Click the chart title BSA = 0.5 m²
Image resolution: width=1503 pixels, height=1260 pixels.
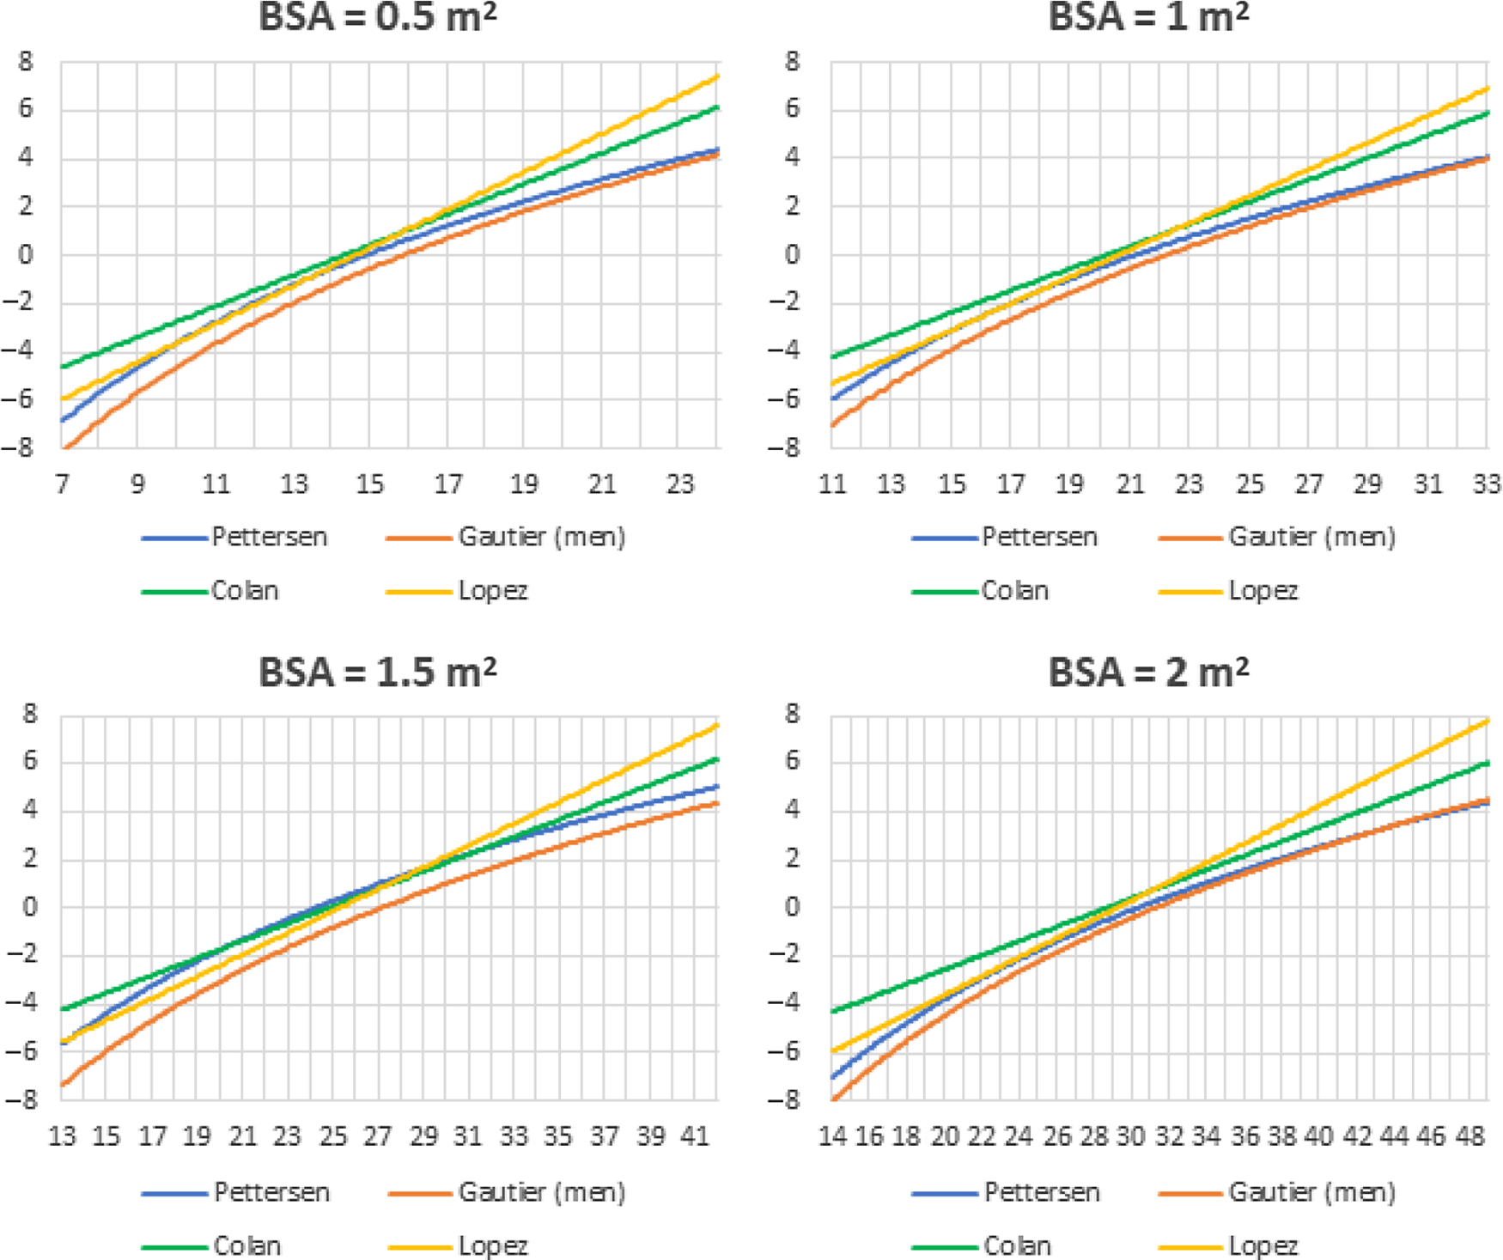pos(378,17)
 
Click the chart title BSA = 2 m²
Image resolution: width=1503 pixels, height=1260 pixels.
pos(1148,673)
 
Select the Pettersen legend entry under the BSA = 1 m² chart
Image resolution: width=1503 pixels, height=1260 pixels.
pos(1039,538)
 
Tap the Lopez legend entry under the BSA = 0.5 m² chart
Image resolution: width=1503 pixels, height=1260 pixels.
pos(492,591)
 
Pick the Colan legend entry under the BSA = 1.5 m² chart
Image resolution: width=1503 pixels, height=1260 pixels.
pos(246,1246)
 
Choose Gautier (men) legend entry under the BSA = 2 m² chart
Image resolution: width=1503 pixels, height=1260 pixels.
pos(1311,1192)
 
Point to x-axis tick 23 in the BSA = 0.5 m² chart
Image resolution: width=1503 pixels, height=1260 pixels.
pos(679,484)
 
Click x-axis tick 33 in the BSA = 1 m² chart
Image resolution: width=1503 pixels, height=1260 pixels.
pos(1487,484)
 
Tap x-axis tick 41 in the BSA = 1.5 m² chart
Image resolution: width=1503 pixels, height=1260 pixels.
pos(695,1137)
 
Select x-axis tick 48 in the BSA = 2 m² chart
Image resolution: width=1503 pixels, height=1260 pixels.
pos(1470,1137)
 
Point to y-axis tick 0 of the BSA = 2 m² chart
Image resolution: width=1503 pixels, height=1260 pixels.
pos(791,907)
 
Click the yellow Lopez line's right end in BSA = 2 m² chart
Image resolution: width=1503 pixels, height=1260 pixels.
pos(1488,721)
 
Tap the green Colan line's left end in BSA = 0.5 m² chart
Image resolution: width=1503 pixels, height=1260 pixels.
pos(62,368)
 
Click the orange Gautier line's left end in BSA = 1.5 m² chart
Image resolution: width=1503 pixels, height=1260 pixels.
pos(62,1086)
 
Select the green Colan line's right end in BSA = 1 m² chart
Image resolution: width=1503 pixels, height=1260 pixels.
pos(1488,113)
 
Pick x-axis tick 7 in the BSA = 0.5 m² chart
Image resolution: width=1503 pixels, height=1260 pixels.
pos(62,484)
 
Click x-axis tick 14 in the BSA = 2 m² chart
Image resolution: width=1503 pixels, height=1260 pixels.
pos(831,1137)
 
